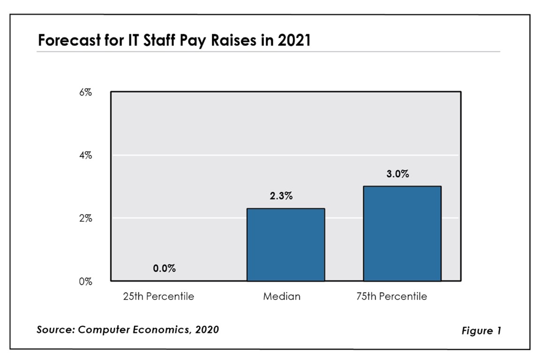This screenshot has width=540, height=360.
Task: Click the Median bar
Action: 285,245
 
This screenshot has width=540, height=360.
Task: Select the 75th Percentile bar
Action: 402,233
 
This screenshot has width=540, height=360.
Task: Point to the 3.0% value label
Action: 397,174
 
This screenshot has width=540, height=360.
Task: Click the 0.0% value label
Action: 164,270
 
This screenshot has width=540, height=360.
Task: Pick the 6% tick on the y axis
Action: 85,92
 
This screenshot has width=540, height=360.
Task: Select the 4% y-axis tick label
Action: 85,156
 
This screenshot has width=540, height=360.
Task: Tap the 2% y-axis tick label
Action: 85,219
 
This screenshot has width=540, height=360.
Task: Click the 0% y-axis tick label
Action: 85,282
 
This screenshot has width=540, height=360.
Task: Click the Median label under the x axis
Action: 281,297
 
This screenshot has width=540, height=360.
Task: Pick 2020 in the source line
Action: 207,330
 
